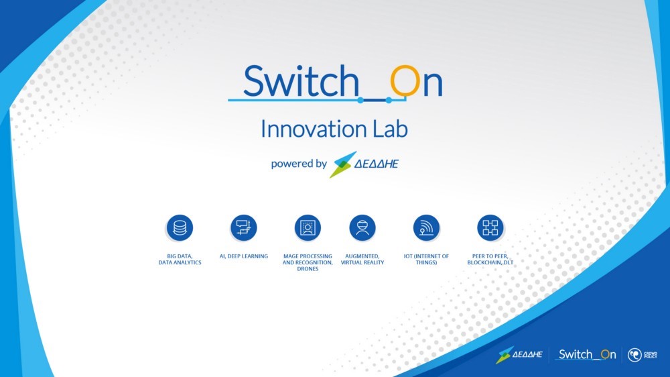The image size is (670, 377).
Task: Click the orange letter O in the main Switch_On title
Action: (x=405, y=81)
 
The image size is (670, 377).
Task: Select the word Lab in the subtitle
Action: (x=391, y=129)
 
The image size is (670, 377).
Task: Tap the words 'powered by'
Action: (x=299, y=164)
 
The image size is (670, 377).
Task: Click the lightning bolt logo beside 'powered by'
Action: (x=342, y=164)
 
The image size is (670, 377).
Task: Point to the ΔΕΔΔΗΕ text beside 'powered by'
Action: (x=377, y=164)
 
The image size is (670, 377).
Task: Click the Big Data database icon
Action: (x=180, y=227)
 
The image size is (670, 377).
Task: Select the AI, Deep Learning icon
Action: (x=244, y=227)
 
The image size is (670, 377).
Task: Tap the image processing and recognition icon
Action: (x=308, y=227)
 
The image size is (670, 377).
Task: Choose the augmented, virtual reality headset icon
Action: (x=362, y=227)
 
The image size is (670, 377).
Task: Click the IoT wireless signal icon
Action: (x=426, y=227)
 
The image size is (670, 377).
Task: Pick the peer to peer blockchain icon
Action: (x=490, y=227)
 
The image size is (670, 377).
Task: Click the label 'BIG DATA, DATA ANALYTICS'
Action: (x=180, y=260)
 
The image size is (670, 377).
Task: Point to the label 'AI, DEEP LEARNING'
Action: (x=244, y=256)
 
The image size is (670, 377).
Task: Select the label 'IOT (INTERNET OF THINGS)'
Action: (x=426, y=260)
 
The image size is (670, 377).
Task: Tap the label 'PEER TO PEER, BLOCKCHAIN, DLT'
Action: (x=490, y=260)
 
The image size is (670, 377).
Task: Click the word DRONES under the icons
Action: (x=308, y=269)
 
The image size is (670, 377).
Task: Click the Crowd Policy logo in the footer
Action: (x=643, y=355)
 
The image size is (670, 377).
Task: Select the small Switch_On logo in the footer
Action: (x=586, y=354)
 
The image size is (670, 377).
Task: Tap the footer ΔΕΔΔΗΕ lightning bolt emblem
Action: (x=505, y=355)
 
